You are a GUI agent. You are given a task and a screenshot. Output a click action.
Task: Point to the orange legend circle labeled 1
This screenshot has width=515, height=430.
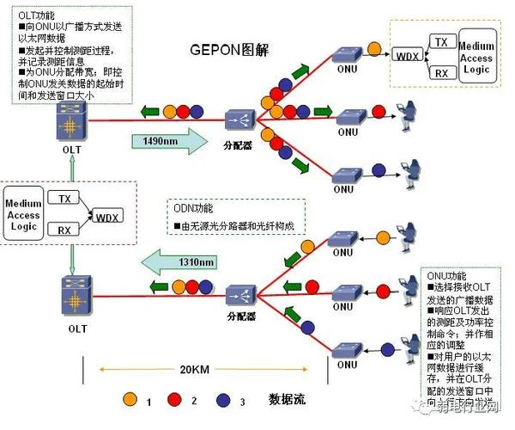130,400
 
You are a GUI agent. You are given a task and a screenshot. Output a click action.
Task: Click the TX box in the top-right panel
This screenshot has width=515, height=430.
440,41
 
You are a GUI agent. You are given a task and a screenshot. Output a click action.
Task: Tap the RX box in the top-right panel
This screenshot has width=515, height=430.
440,74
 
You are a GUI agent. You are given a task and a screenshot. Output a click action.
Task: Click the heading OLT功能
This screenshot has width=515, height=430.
37,14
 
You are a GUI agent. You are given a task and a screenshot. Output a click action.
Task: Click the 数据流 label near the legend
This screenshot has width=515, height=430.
288,400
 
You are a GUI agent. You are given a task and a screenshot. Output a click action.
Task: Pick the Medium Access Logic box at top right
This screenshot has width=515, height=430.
476,57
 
